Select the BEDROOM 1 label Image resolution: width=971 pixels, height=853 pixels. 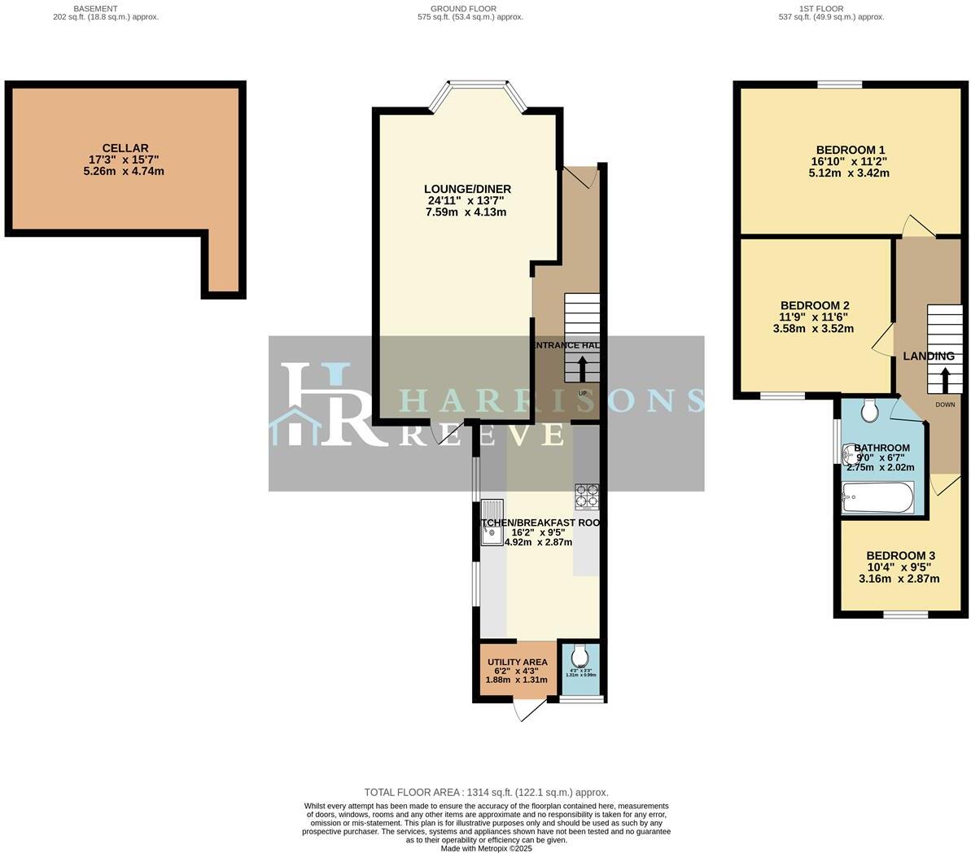coord(851,150)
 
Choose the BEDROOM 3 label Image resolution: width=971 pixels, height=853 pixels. coord(899,556)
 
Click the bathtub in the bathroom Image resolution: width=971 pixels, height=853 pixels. coord(877,497)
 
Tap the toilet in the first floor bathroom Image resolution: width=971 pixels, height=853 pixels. coord(868,411)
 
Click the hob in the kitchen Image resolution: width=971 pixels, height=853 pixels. coord(586,496)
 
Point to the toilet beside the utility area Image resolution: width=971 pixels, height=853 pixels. coord(580,656)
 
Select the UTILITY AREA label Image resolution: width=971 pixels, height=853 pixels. coord(517,663)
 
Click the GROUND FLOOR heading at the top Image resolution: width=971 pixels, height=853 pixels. coord(464,9)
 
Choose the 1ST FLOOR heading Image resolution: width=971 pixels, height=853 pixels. coord(831,9)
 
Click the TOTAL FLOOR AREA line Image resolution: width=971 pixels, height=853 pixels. coord(486,792)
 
